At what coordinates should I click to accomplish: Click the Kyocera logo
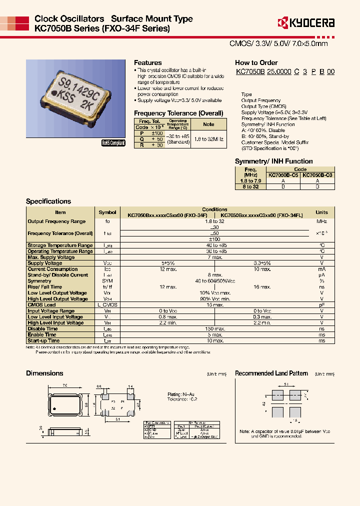[x=305, y=22]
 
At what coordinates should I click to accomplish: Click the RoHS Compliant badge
[x=113, y=143]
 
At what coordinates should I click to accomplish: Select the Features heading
[x=147, y=63]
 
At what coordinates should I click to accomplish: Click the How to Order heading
[x=256, y=63]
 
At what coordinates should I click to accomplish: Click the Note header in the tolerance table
[x=209, y=124]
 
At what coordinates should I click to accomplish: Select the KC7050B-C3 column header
[x=317, y=175]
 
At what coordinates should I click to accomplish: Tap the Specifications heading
[x=48, y=201]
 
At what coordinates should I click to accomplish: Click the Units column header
[x=322, y=212]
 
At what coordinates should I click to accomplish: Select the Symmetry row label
[x=40, y=281]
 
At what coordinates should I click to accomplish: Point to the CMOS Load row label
[x=42, y=304]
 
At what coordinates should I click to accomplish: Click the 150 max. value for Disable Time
[x=215, y=328]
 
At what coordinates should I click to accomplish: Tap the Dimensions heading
[x=44, y=373]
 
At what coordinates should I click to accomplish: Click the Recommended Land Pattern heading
[x=271, y=373]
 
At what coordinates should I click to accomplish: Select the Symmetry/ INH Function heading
[x=274, y=161]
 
